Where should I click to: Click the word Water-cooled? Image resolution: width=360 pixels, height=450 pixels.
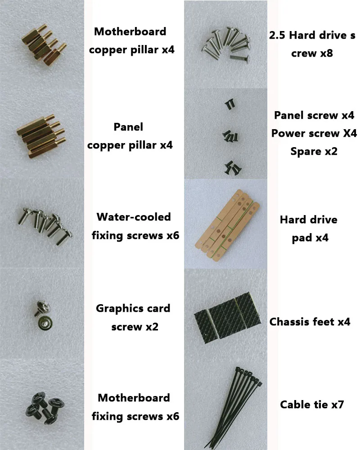[x=134, y=217]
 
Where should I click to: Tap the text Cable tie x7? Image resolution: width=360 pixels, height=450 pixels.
[x=312, y=405]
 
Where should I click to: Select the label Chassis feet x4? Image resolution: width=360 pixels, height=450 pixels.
[x=310, y=322]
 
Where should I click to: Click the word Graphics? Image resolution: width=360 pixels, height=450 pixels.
[x=120, y=309]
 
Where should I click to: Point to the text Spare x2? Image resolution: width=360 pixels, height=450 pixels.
[x=314, y=152]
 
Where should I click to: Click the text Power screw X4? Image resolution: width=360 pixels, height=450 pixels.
[x=314, y=133]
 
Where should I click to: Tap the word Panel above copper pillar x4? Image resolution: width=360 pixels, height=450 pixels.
[x=128, y=126]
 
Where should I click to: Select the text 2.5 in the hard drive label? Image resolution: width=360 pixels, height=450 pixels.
[x=278, y=35]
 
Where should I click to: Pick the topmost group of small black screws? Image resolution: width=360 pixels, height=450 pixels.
[x=230, y=104]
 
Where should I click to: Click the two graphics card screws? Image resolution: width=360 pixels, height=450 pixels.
[x=44, y=315]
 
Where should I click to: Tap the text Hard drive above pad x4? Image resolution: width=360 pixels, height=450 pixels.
[x=309, y=220]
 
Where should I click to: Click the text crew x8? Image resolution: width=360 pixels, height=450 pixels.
[x=312, y=54]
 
